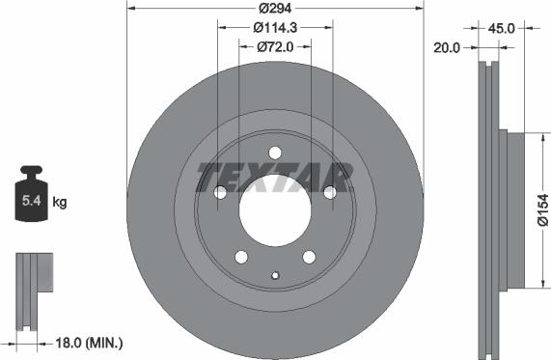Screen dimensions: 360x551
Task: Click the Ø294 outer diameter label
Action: (x=276, y=8)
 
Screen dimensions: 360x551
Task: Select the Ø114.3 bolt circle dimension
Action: (x=275, y=27)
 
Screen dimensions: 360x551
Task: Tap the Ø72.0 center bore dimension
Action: (x=275, y=46)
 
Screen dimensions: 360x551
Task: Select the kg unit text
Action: (x=60, y=203)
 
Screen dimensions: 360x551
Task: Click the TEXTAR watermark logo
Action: (x=275, y=177)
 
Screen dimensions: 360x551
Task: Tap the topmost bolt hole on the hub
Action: (x=275, y=152)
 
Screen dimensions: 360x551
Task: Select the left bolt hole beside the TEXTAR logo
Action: (x=219, y=193)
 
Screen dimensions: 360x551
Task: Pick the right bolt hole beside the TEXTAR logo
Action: (x=331, y=193)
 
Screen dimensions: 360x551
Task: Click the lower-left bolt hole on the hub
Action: (x=240, y=258)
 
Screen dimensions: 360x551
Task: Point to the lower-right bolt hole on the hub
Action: (x=310, y=258)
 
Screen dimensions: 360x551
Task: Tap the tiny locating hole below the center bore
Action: (x=275, y=277)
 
